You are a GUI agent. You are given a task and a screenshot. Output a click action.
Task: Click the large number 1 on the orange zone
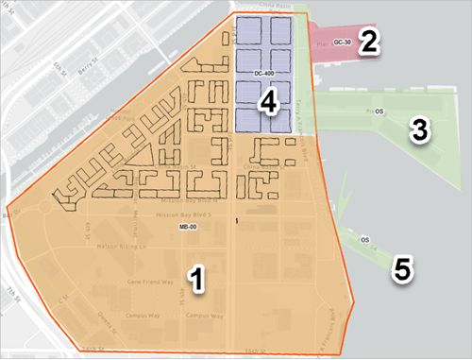pos(196,278)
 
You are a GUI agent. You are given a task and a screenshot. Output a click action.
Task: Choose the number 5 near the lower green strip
pos(403,269)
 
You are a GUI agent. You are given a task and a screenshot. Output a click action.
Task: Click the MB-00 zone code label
pos(187,228)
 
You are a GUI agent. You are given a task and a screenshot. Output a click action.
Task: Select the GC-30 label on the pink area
pos(342,43)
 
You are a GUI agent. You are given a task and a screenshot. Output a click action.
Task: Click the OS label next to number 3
pos(380,111)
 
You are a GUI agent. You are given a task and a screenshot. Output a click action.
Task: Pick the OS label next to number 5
pos(364,240)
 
